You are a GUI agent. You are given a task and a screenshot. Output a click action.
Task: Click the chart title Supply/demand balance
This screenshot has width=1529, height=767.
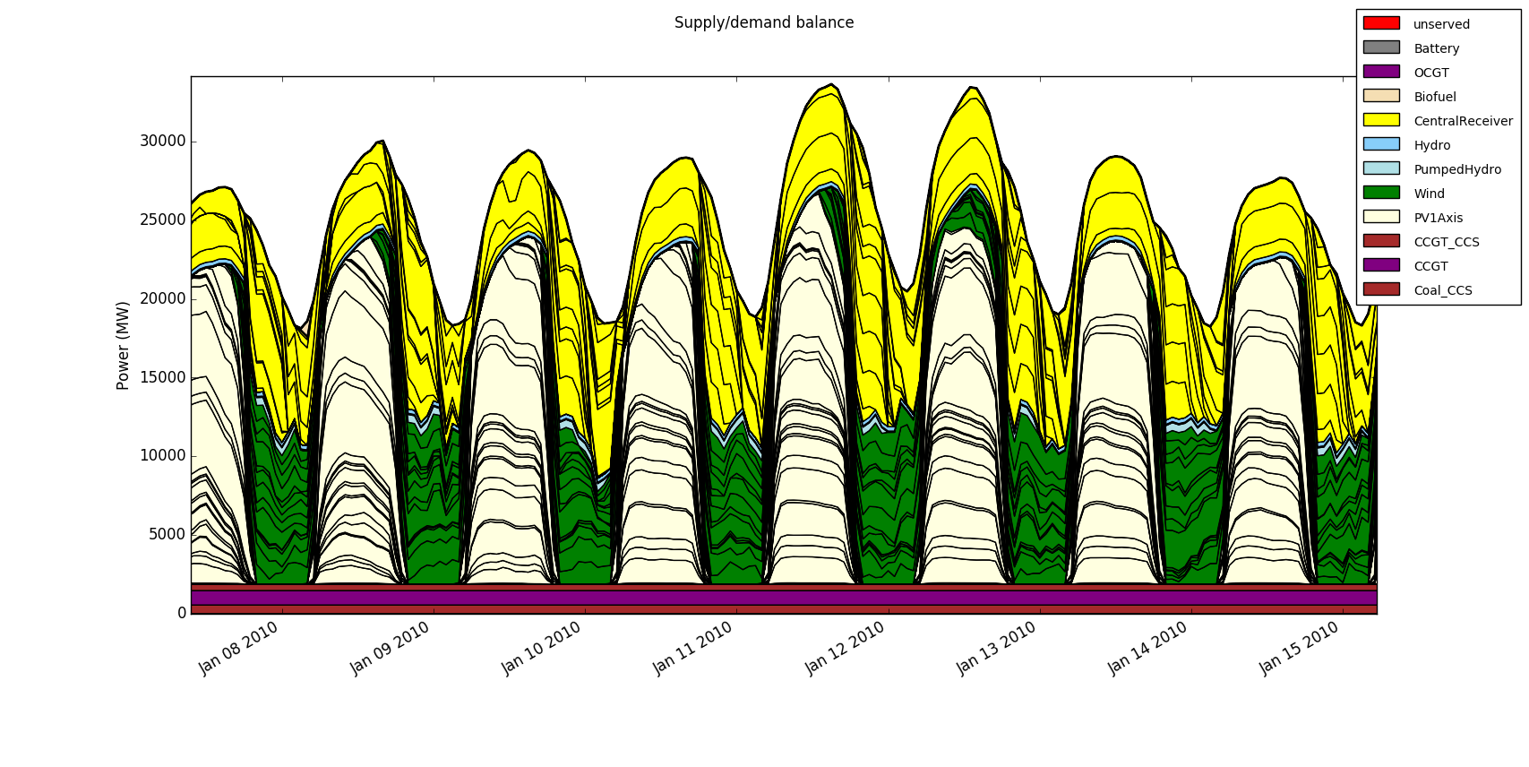tap(763, 23)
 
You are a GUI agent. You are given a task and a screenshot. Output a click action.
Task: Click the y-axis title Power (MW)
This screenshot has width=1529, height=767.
tap(124, 345)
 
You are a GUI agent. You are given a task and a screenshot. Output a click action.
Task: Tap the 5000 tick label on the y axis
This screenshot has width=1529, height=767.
tap(167, 534)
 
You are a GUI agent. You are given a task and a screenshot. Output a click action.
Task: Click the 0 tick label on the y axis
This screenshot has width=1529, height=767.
tap(182, 613)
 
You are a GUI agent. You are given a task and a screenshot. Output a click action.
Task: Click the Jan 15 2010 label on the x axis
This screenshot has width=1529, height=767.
tap(1300, 647)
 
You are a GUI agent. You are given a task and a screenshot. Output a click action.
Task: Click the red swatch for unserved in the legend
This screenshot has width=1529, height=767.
tap(1380, 23)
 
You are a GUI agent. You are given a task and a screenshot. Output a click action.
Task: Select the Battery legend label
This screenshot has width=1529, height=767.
tap(1436, 49)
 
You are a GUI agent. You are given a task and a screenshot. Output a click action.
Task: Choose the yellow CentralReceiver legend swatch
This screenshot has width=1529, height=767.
tap(1380, 120)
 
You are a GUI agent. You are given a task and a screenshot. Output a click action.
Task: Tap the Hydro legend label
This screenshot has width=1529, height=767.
tap(1431, 146)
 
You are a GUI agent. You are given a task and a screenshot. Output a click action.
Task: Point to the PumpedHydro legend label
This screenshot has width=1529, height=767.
tap(1457, 170)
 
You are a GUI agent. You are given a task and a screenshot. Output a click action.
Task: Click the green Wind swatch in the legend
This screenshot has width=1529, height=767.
tap(1380, 193)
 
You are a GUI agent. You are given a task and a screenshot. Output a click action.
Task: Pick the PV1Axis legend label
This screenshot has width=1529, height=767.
tap(1438, 219)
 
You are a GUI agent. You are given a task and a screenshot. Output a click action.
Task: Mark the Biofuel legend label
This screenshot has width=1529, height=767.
tap(1435, 98)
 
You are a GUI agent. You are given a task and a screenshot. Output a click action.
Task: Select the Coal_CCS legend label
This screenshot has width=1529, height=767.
tap(1442, 291)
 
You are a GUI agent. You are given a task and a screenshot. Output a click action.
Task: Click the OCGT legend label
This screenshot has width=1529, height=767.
tap(1430, 73)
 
